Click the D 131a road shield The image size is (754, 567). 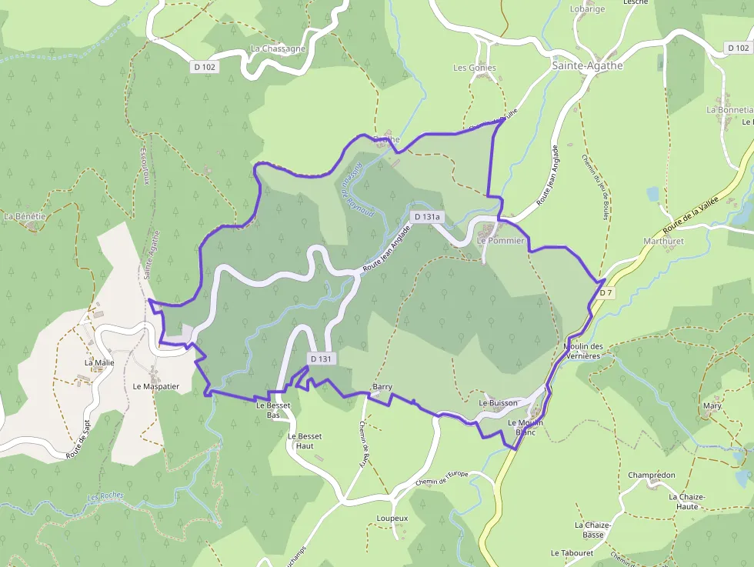[426, 217]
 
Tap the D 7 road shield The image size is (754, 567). [606, 292]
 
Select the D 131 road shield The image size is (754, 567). [322, 359]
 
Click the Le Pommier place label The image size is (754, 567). [500, 241]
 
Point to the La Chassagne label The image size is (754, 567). [278, 48]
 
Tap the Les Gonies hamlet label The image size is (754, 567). [475, 68]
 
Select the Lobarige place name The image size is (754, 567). [587, 9]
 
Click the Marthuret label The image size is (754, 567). [663, 241]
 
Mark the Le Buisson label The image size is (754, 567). [498, 402]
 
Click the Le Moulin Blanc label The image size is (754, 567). [525, 427]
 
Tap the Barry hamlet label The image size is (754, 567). [382, 386]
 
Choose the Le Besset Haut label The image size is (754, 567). [305, 441]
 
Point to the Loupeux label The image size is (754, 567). [392, 519]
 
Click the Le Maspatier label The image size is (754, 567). [155, 386]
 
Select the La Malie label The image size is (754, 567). [99, 362]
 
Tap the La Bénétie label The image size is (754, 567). [25, 217]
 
